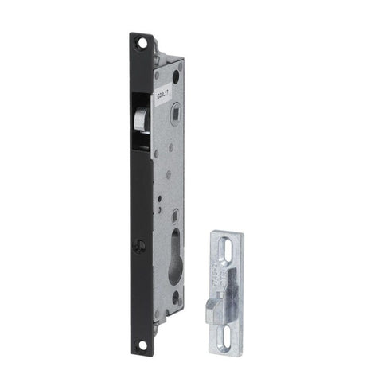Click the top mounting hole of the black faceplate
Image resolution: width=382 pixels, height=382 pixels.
click(x=141, y=41)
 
